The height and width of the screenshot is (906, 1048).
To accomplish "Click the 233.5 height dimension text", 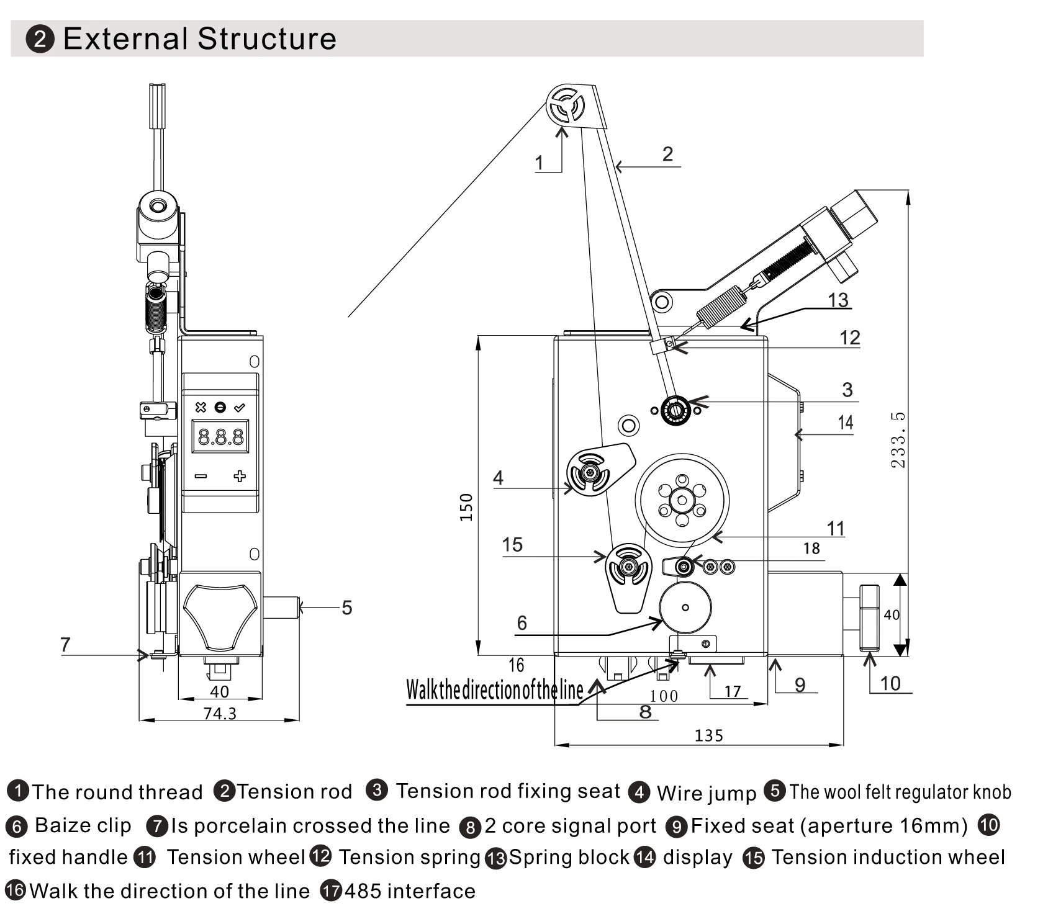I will [x=898, y=439].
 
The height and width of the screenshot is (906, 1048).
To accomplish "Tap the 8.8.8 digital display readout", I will [x=220, y=438].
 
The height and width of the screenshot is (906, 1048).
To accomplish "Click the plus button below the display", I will [x=240, y=476].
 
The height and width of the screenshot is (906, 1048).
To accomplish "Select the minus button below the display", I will [x=201, y=476].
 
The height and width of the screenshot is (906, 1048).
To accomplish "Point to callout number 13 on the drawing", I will [x=838, y=300].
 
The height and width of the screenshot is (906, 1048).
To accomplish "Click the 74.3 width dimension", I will [x=220, y=714].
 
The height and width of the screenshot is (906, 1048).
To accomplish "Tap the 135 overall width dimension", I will [x=708, y=735].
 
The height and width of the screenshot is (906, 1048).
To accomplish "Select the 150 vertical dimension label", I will [x=467, y=507].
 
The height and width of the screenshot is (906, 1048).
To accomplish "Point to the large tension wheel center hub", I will [x=682, y=500].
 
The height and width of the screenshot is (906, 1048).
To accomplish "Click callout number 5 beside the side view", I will [x=346, y=608].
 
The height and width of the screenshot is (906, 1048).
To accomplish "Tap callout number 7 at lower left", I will [x=65, y=645].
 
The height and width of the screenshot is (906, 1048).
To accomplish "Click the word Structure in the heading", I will [x=267, y=38].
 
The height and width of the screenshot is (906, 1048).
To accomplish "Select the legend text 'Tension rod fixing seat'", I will [x=507, y=791].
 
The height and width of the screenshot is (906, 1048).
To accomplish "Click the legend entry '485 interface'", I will [x=410, y=891].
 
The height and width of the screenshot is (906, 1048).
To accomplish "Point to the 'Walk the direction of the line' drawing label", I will [x=494, y=690].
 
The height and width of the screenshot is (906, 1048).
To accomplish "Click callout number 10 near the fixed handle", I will [x=890, y=683].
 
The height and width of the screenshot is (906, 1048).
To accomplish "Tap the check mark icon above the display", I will [x=240, y=408].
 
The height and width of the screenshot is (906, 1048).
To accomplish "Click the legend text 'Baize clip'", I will [x=83, y=825].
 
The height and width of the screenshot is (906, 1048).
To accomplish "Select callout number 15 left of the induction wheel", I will [x=512, y=545].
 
